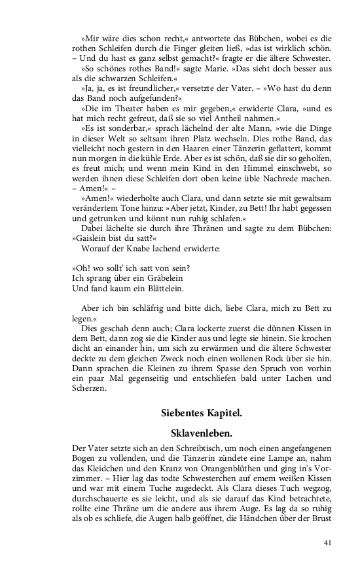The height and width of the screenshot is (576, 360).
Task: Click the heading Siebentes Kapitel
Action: point(202,413)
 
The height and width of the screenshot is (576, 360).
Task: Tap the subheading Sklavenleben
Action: point(202,433)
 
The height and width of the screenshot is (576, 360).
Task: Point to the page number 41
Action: point(328,543)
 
